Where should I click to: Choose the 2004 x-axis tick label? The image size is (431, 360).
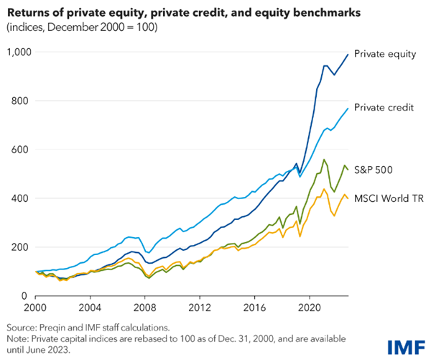point(90,305)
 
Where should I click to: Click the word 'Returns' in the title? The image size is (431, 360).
point(28,13)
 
